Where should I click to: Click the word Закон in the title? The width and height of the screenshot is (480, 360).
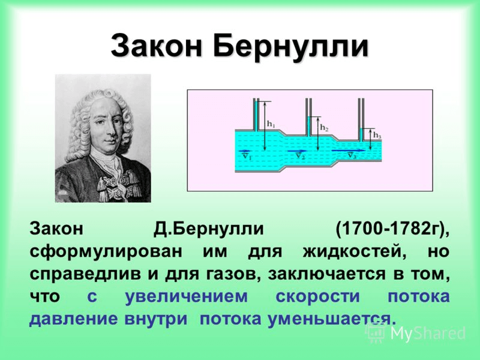click(157, 46)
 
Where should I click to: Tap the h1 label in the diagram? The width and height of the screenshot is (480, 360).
click(271, 124)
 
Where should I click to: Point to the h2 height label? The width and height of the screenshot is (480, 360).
click(324, 127)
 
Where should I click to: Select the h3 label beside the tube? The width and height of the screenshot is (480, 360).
click(377, 136)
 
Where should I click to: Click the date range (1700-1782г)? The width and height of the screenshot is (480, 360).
click(392, 229)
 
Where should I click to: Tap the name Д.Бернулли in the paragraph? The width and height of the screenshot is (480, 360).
click(209, 229)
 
